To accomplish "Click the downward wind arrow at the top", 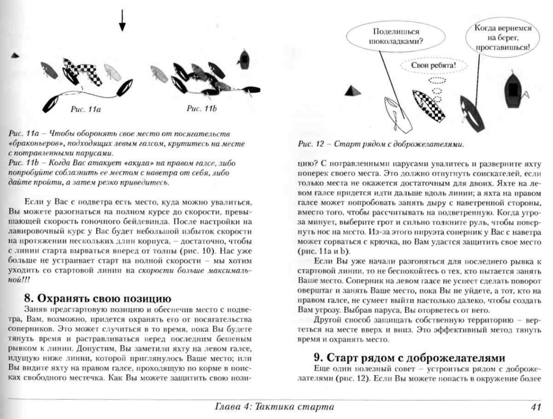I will pos(122,20).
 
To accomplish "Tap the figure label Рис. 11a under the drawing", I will pos(86,109).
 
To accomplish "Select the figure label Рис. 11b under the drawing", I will pos(202,108).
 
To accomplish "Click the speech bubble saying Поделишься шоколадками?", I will pos(396,36).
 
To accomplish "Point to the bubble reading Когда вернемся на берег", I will pos(503,38).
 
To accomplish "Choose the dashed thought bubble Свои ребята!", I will pos(434,65).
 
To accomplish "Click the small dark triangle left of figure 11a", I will pos(15,56).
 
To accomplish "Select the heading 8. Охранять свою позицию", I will pos(98,298).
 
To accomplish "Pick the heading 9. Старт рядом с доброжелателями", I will pos(409,358).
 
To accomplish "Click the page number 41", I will pos(535,407).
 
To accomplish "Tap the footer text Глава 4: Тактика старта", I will pos(274,407).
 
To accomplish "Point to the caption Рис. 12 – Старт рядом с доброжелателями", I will pos(381,144).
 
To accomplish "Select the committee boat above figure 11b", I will pos(244,59).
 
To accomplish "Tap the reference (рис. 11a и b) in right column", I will pos(324,251).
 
